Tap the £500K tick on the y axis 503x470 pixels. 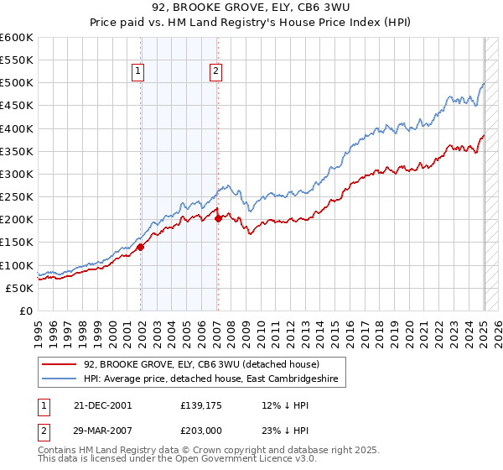(x=17, y=83)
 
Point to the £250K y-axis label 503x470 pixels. (x=17, y=197)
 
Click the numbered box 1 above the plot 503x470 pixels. (x=137, y=72)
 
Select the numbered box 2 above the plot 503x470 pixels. (x=215, y=72)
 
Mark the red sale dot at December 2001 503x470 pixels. (x=141, y=247)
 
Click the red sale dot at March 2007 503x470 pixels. (x=218, y=218)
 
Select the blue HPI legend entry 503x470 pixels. (x=210, y=379)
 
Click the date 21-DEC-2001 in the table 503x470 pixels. (x=102, y=405)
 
